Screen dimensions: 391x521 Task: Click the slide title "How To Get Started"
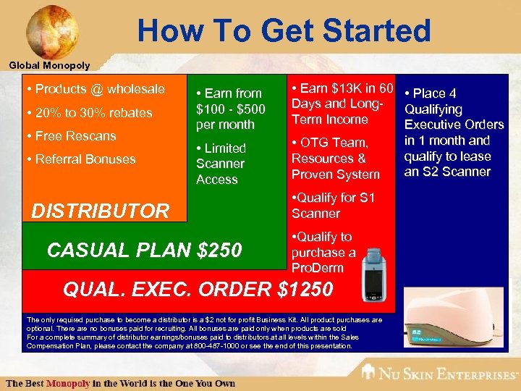coord(284,30)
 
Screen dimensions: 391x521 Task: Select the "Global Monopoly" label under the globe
coord(49,65)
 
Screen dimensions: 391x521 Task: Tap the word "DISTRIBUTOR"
coord(101,211)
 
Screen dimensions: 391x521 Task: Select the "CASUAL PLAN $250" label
coord(144,250)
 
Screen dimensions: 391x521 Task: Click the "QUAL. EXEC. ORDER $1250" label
coord(198,289)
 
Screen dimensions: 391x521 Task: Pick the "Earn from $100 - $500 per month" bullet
coord(229,109)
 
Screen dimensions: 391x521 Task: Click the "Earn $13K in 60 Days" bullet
coord(341,104)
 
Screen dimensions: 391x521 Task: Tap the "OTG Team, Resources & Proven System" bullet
coord(335,159)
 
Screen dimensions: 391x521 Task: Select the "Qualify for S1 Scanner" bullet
coord(332,206)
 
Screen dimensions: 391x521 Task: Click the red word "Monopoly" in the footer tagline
coord(69,383)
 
